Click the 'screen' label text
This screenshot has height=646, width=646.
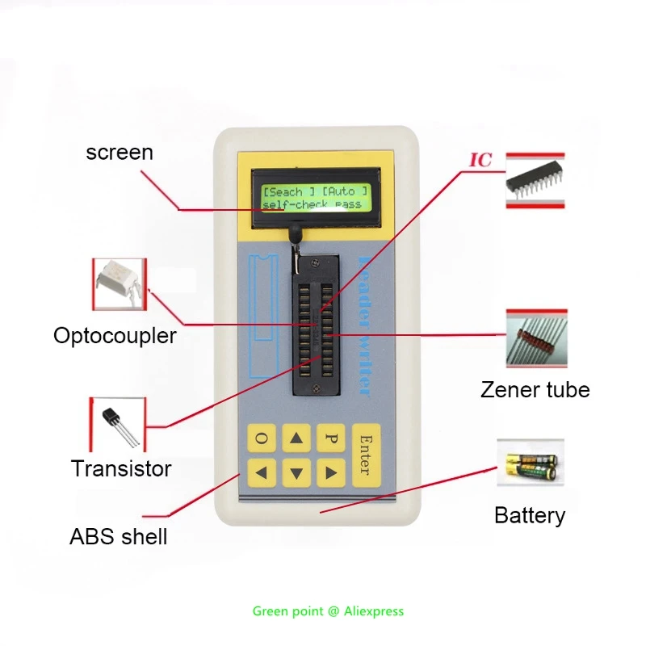click(x=120, y=152)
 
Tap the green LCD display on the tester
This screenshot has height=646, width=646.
click(x=316, y=197)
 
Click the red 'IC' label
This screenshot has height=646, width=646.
click(x=481, y=160)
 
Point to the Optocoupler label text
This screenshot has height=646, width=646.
click(x=115, y=335)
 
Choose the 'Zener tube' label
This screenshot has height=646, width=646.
click(x=535, y=390)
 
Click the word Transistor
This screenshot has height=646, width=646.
click(x=121, y=468)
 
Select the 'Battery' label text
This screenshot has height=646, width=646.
click(x=530, y=515)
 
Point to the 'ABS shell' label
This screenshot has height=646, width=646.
click(x=119, y=536)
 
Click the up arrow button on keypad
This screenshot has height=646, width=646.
click(x=297, y=438)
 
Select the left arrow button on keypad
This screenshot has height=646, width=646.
click(x=262, y=471)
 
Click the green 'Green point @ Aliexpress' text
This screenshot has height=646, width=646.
click(x=328, y=611)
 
